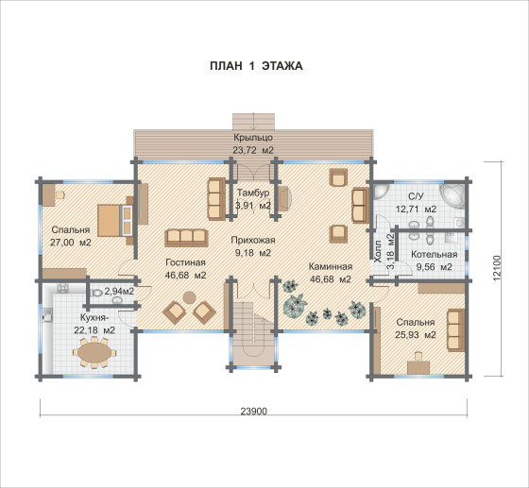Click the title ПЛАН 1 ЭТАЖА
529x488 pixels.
[256, 66]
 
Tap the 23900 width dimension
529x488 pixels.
[254, 412]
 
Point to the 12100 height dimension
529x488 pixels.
[497, 269]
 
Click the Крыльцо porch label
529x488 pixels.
[253, 138]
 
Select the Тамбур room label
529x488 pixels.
[253, 193]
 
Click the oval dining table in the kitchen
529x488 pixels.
[94, 353]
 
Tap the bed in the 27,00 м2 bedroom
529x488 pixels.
[115, 221]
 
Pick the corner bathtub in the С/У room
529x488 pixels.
[452, 195]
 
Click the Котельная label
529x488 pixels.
[434, 255]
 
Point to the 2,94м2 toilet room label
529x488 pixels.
[119, 291]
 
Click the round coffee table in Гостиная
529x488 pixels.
[189, 297]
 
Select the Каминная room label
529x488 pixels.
[331, 266]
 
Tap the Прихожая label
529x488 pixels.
[253, 240]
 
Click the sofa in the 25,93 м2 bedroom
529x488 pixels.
[455, 330]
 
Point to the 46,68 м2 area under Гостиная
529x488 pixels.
[185, 276]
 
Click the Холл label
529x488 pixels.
[378, 251]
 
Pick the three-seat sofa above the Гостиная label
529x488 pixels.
[186, 238]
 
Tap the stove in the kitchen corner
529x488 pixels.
[62, 288]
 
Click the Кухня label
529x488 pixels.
[94, 318]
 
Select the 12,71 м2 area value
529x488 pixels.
[416, 210]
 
